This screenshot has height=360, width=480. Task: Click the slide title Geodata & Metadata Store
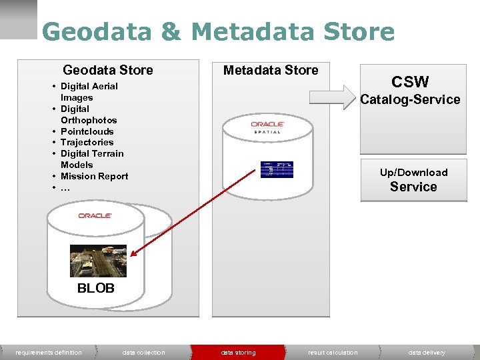218,32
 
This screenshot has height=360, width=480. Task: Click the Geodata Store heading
108,70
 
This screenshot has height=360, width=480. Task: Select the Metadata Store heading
271,70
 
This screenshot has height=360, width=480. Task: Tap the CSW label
410,82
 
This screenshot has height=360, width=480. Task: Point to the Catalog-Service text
410,99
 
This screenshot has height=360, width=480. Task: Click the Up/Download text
413,172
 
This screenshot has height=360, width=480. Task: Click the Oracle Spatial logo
267,127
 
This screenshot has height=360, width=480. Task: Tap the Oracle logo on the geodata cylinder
95,215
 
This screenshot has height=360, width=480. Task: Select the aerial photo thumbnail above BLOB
98,261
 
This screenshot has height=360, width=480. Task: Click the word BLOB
95,289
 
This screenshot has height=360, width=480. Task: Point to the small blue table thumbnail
276,169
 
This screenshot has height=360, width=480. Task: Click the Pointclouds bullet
87,131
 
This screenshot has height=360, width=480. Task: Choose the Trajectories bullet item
87,142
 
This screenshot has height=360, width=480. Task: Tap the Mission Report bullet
94,176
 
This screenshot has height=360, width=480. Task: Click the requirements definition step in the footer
49,353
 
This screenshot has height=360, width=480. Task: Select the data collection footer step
143,353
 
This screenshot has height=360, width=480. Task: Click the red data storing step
238,353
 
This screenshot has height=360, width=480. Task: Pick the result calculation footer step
333,353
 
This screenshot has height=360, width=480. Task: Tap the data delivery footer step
427,353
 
